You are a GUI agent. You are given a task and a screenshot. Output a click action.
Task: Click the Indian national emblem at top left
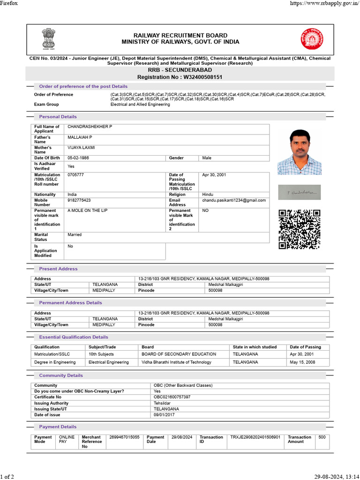click(48, 39)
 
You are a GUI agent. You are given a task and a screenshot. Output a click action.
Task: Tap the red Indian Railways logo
click(312, 39)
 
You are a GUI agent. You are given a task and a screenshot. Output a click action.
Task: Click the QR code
click(300, 229)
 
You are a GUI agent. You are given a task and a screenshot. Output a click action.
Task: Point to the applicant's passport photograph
click(300, 152)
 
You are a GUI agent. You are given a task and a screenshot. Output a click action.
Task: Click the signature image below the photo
click(300, 191)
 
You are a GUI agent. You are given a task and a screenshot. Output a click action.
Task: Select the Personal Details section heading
click(58, 117)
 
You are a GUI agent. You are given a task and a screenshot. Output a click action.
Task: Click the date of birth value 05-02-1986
click(78, 158)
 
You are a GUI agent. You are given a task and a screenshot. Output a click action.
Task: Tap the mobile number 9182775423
click(79, 200)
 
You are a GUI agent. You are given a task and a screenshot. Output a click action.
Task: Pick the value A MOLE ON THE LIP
click(88, 210)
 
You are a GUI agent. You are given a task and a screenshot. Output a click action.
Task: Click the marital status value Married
click(75, 234)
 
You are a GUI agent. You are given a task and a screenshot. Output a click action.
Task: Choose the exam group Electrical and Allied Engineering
click(140, 105)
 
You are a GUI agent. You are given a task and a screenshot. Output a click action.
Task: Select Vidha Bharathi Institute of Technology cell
click(176, 362)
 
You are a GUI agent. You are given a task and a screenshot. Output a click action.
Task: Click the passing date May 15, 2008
click(302, 362)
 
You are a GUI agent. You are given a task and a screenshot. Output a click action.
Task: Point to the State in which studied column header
click(255, 347)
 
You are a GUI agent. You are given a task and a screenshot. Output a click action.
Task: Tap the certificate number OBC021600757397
click(172, 397)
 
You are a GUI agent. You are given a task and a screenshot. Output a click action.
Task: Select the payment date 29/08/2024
click(182, 437)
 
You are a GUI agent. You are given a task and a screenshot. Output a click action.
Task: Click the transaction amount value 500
click(322, 437)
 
